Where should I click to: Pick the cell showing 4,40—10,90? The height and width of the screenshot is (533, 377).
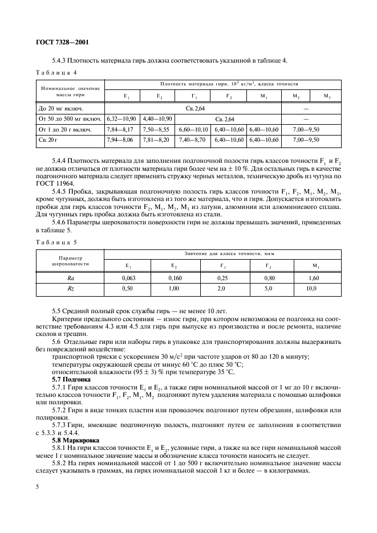157,118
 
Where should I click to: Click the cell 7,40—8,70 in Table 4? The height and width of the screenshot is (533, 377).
193,140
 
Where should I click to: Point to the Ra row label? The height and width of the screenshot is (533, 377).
71,278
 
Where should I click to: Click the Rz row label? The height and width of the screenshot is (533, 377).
71,289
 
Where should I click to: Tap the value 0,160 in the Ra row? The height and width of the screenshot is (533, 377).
175,278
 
